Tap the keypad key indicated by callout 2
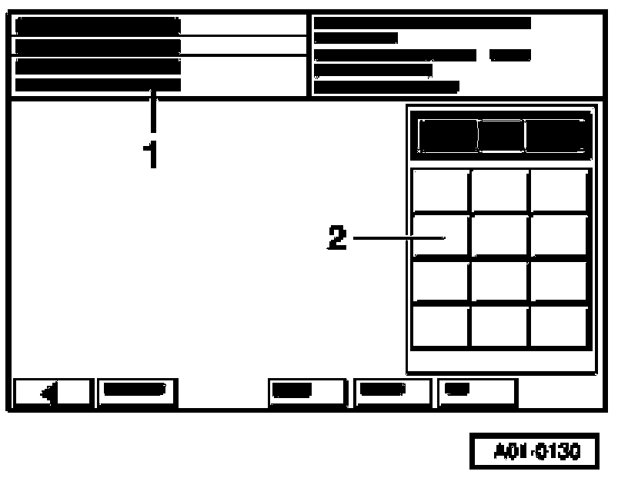[x=440, y=236]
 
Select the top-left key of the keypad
[x=440, y=191]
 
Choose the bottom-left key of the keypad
[x=440, y=327]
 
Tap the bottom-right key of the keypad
[x=560, y=327]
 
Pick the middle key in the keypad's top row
[x=499, y=191]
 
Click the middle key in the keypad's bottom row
[x=499, y=327]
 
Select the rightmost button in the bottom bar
[x=477, y=392]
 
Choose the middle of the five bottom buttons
[x=306, y=392]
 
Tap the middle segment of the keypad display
[x=500, y=136]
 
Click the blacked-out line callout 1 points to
[x=98, y=85]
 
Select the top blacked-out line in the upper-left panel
[x=98, y=25]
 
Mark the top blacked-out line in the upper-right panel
[x=422, y=23]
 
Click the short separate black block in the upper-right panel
[x=509, y=55]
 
